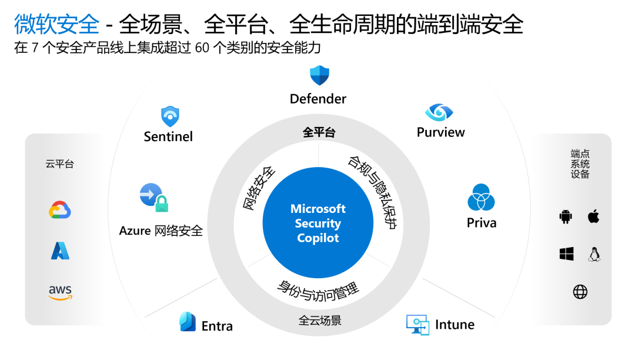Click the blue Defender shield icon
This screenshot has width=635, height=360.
tap(319, 75)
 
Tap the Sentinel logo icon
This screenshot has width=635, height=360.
tap(169, 116)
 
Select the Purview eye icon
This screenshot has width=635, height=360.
tap(439, 112)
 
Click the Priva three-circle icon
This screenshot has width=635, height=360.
tap(482, 198)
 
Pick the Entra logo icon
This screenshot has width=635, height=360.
tap(188, 322)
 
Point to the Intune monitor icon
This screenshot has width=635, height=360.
tap(417, 325)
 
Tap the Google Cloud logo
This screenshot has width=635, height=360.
tap(60, 210)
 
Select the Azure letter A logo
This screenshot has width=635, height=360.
tap(60, 251)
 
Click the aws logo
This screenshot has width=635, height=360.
tap(60, 292)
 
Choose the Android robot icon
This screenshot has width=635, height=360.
tap(566, 217)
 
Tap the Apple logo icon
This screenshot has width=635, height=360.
tap(594, 216)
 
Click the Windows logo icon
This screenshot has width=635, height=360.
tap(566, 254)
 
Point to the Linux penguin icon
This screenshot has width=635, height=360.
tap(594, 254)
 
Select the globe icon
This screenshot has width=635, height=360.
tap(580, 292)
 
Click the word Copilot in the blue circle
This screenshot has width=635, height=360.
tap(318, 238)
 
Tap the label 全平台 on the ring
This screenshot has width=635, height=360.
tap(319, 133)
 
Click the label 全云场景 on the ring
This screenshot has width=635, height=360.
tap(319, 321)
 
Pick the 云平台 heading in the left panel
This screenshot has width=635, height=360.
tap(60, 164)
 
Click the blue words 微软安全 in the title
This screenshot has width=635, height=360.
tap(56, 24)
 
